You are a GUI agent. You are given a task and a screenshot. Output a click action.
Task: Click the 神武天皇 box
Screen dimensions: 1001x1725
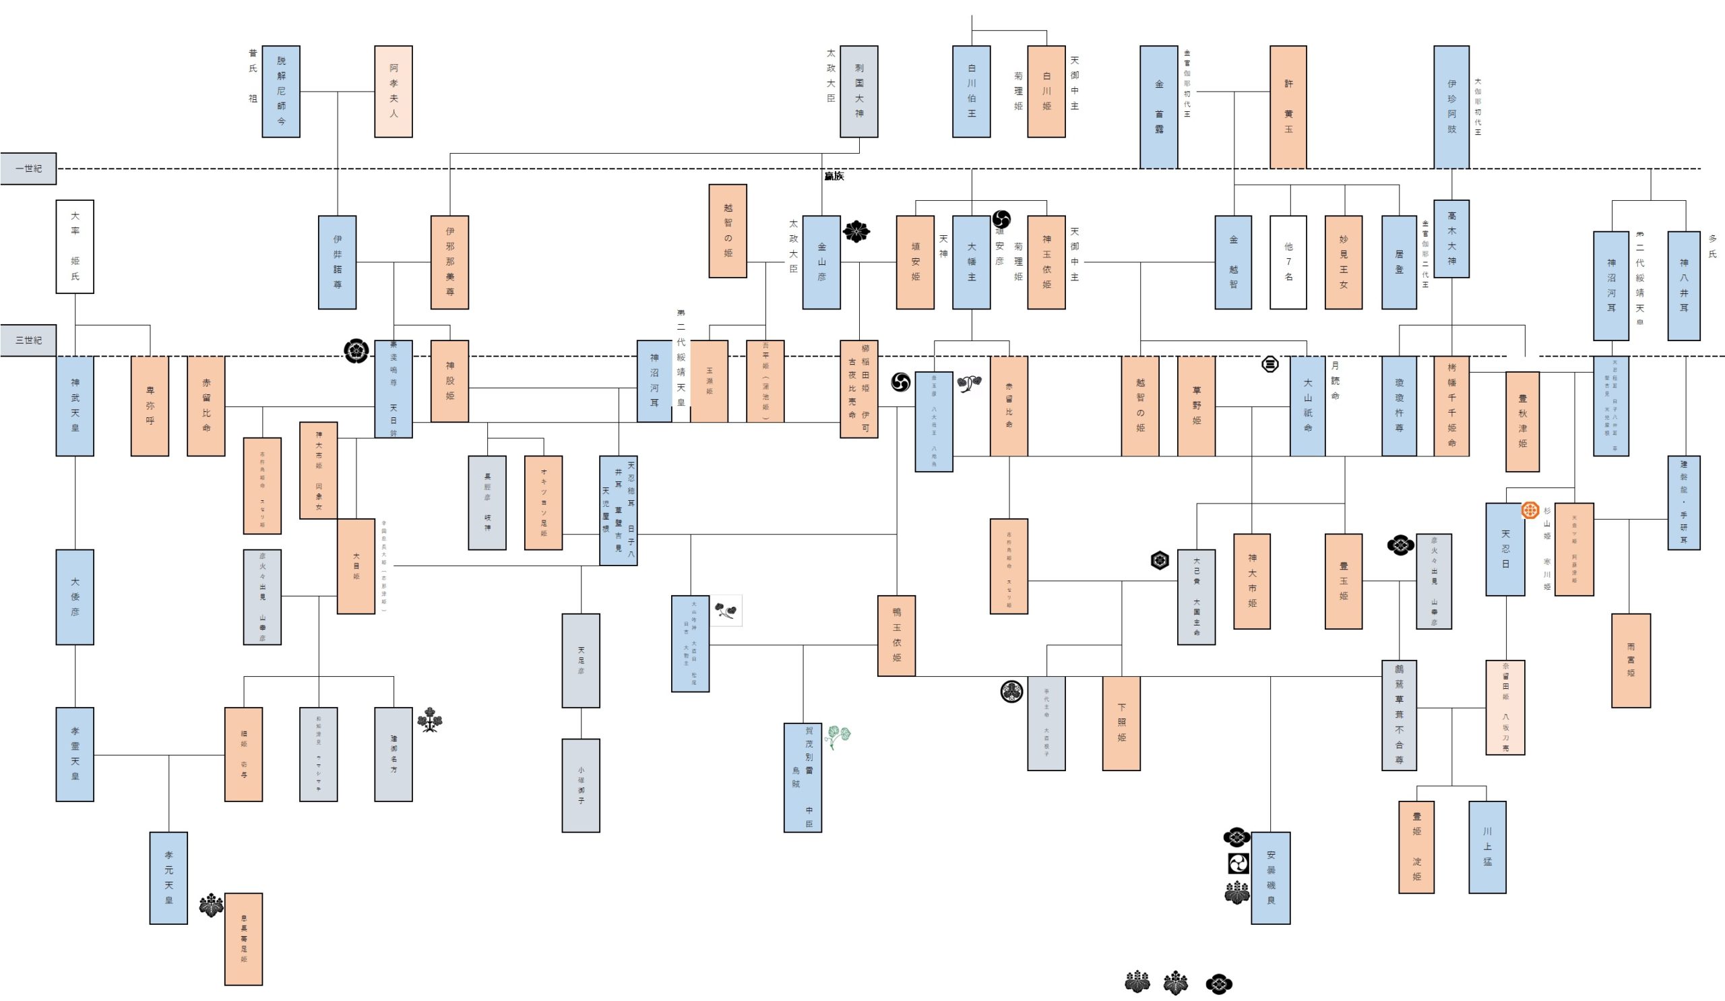[75, 405]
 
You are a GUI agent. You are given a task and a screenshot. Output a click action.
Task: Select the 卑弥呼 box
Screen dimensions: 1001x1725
[149, 405]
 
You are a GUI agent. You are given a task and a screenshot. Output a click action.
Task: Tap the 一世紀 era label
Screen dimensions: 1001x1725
[28, 169]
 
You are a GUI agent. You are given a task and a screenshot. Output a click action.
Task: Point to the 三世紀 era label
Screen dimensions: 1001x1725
[28, 340]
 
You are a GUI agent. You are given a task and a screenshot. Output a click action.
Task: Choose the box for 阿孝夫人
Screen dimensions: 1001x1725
[394, 92]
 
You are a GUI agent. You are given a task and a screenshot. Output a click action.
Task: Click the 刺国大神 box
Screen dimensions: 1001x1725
[859, 92]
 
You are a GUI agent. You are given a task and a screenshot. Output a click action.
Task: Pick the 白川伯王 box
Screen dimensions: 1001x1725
[972, 92]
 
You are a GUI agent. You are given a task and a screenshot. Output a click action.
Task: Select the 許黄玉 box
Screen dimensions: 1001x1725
[1288, 107]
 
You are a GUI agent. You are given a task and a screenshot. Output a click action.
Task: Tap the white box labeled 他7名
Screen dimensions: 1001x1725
[1288, 262]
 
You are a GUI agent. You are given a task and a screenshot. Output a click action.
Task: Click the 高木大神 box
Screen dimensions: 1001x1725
[1452, 238]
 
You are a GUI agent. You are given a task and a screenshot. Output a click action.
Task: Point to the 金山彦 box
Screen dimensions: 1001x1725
[821, 262]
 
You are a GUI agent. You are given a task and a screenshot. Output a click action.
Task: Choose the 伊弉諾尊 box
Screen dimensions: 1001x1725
[337, 262]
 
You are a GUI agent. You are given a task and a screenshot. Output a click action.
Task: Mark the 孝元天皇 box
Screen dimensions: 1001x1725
[168, 878]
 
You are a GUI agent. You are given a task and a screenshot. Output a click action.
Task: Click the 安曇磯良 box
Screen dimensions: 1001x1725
[1270, 878]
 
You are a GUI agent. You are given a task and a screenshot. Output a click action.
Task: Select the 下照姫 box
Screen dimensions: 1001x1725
[1121, 723]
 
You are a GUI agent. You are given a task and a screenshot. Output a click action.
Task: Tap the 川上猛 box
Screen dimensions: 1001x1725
[1487, 847]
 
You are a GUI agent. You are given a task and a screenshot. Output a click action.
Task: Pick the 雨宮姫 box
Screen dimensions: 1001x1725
[1631, 660]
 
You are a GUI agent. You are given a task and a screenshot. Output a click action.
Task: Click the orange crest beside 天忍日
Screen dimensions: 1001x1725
[1530, 510]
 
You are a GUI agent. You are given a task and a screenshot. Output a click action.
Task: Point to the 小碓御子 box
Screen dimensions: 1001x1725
[581, 785]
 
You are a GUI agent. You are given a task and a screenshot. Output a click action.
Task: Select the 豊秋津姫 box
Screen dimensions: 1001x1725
[1523, 421]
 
